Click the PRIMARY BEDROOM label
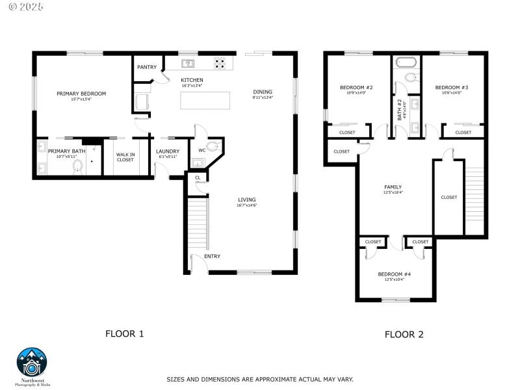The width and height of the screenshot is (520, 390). (x=81, y=94)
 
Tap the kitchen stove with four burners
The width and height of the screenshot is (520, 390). (x=220, y=64)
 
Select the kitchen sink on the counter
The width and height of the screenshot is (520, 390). (x=188, y=63)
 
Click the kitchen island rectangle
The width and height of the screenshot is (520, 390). (x=205, y=101)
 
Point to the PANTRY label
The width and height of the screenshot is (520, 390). (x=146, y=67)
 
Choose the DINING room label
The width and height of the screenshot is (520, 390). (x=263, y=92)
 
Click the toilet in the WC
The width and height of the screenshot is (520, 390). (x=213, y=146)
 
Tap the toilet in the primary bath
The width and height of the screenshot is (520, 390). (x=78, y=167)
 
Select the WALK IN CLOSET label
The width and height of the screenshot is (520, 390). (x=125, y=157)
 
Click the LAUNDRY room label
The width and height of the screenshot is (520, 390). (x=168, y=151)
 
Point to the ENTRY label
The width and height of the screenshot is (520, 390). (x=212, y=256)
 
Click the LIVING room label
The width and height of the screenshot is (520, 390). (x=246, y=200)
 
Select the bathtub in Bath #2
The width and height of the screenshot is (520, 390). (x=406, y=64)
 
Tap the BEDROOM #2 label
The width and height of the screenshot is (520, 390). (x=356, y=88)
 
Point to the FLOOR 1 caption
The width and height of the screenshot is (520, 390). (x=124, y=333)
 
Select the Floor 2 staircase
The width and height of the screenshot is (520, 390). (x=475, y=198)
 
